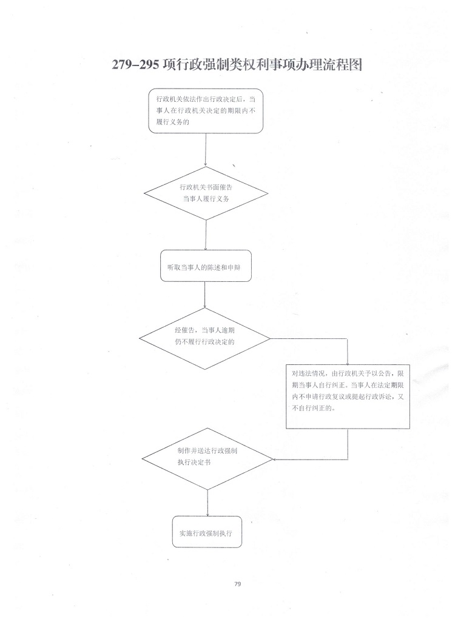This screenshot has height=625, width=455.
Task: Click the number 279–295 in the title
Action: pyautogui.click(x=135, y=65)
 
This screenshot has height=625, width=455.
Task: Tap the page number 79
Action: pyautogui.click(x=238, y=584)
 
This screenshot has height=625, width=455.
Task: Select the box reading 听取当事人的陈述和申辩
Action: pyautogui.click(x=206, y=266)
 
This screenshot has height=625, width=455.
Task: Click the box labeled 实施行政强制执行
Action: pyautogui.click(x=207, y=532)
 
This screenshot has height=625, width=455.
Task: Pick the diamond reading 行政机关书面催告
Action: pyautogui.click(x=206, y=193)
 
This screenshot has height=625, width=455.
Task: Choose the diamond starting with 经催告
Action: pyautogui.click(x=204, y=339)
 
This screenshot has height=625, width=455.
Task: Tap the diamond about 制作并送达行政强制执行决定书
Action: pyautogui.click(x=207, y=459)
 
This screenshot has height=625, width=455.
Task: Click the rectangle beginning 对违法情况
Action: pyautogui.click(x=348, y=396)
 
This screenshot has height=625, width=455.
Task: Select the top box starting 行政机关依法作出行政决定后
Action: pyautogui.click(x=206, y=111)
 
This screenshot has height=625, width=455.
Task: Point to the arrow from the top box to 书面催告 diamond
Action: pyautogui.click(x=206, y=150)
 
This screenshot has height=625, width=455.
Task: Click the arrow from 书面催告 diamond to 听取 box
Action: pyautogui.click(x=206, y=235)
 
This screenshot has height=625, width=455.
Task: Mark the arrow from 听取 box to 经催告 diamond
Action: pyautogui.click(x=204, y=295)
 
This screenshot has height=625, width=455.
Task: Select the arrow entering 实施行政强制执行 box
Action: pyautogui.click(x=207, y=503)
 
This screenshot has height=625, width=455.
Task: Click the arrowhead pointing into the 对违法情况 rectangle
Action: pyautogui.click(x=348, y=363)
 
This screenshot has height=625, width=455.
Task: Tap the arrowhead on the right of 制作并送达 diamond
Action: pyautogui.click(x=275, y=459)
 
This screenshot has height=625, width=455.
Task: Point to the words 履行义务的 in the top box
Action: pyautogui.click(x=172, y=122)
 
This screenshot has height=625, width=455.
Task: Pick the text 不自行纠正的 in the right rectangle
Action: pyautogui.click(x=314, y=408)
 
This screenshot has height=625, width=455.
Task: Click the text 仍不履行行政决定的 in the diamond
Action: pyautogui.click(x=204, y=342)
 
